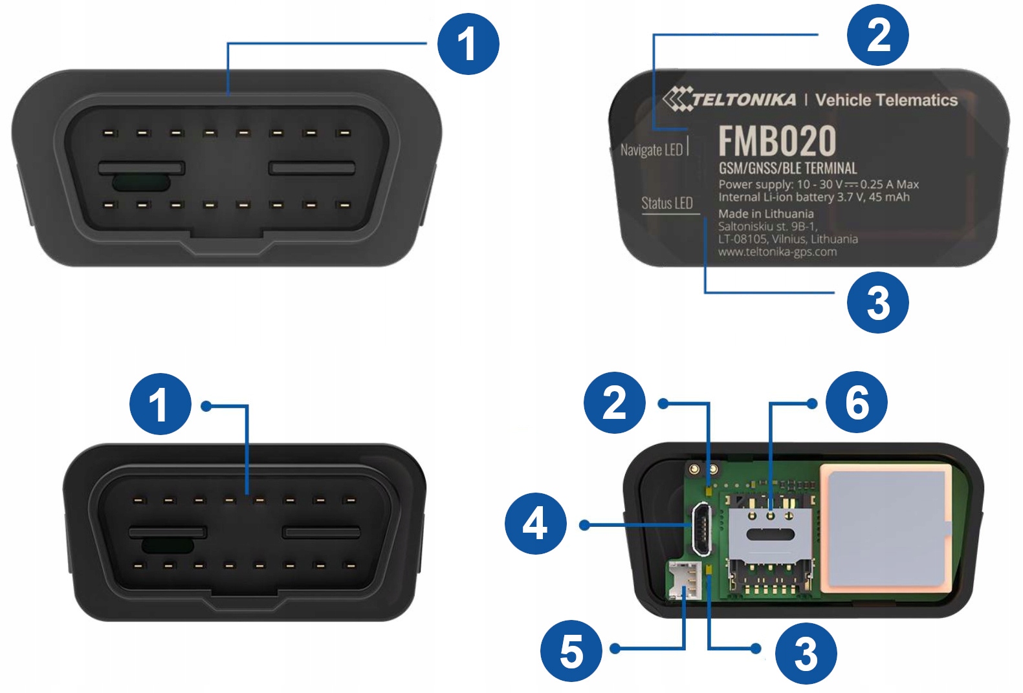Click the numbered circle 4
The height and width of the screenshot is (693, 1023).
pyautogui.click(x=535, y=524)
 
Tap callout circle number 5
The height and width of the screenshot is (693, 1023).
pyautogui.click(x=571, y=651)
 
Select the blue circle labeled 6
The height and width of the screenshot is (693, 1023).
pyautogui.click(x=857, y=402)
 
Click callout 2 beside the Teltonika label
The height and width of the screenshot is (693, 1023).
pyautogui.click(x=878, y=35)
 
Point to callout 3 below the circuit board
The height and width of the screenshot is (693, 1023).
pyautogui.click(x=806, y=653)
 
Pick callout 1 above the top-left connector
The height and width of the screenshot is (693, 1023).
pyautogui.click(x=468, y=44)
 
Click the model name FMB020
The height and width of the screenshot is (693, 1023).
pyautogui.click(x=777, y=141)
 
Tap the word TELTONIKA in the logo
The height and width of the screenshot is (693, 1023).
pyautogui.click(x=744, y=100)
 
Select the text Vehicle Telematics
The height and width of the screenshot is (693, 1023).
pyautogui.click(x=886, y=100)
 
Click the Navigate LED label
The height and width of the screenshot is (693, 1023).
pyautogui.click(x=652, y=150)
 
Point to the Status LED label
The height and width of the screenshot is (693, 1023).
pyautogui.click(x=666, y=203)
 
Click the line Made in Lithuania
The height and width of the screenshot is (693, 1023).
pyautogui.click(x=765, y=214)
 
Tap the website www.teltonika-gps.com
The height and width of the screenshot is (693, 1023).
pyautogui.click(x=777, y=252)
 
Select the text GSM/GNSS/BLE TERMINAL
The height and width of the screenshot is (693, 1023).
pyautogui.click(x=787, y=169)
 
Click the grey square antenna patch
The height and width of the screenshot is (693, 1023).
pyautogui.click(x=885, y=528)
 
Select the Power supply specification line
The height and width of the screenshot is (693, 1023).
pyautogui.click(x=818, y=184)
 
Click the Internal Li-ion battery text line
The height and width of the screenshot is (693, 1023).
pyautogui.click(x=813, y=197)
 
